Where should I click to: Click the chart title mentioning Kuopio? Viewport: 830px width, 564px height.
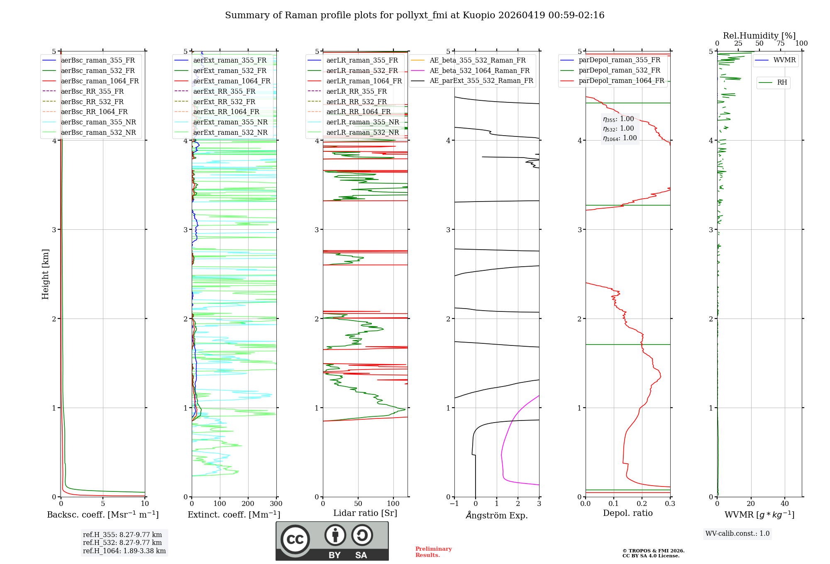[415, 15]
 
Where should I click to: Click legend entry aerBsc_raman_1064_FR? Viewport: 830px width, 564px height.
[100, 81]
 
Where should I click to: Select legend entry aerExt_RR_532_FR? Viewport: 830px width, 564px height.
[224, 102]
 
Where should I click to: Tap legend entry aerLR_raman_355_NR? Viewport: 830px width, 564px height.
[362, 122]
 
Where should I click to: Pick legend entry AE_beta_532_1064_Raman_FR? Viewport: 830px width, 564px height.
[479, 70]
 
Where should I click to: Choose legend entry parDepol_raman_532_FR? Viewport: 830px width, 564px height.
[619, 70]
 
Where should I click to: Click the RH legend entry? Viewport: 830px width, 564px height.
[782, 83]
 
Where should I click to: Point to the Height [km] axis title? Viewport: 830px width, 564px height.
[45, 274]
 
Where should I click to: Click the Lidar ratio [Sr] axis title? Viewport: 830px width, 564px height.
[365, 513]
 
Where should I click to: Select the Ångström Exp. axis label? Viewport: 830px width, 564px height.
[497, 515]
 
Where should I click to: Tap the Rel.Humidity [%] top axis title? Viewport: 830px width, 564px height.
[759, 36]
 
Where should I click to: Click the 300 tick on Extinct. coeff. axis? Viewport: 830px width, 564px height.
[276, 504]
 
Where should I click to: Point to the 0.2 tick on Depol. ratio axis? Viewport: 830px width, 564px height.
[642, 504]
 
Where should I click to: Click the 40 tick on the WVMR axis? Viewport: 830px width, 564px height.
[785, 504]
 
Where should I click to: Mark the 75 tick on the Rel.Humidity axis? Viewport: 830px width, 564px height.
[780, 44]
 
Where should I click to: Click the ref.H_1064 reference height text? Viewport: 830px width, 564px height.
[124, 551]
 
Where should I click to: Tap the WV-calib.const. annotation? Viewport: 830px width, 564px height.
[737, 534]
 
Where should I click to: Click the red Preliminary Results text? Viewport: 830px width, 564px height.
[433, 552]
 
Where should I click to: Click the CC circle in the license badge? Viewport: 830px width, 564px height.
[295, 540]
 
